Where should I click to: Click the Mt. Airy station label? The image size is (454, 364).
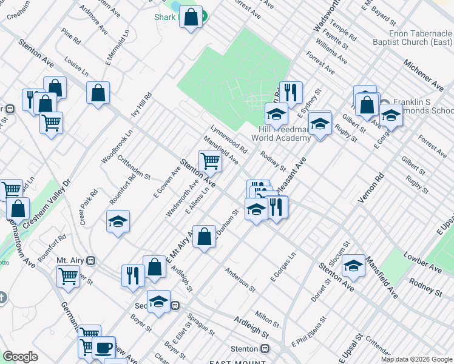point(70,260)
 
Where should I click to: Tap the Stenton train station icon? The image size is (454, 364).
point(265,349)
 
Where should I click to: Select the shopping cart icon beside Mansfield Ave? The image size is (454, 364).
point(210,161)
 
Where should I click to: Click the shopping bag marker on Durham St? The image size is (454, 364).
point(205,236)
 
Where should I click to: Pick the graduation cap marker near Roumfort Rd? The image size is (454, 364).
point(118,221)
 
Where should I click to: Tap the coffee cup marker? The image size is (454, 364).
point(103,348)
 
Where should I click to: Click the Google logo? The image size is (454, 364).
point(20,357)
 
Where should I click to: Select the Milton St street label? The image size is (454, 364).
point(267,317)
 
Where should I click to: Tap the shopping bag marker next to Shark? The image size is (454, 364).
point(191,19)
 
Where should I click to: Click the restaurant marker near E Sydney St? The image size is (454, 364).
point(291,93)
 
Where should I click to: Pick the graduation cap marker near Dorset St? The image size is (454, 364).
point(353,266)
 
